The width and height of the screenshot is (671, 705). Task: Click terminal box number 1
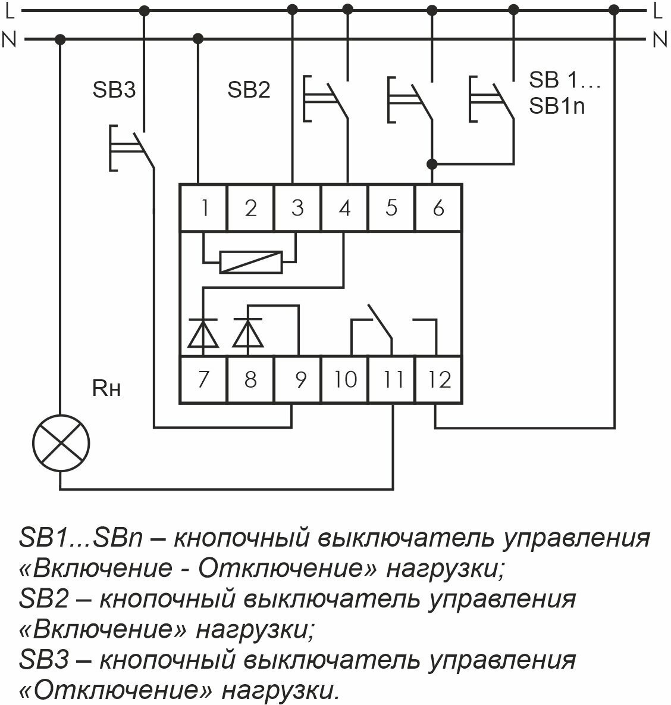pos(203,208)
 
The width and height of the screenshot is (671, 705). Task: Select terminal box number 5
pos(391,208)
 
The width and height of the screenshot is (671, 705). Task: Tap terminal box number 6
pos(438,208)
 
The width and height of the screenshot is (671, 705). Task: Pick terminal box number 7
pos(203,379)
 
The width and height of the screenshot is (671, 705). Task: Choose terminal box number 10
pos(345,379)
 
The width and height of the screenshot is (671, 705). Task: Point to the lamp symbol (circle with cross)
pos(60,443)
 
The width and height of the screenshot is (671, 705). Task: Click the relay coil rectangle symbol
pos(250,262)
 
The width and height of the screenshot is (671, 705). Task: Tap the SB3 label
pos(114,91)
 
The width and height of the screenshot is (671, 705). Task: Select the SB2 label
pos(249,91)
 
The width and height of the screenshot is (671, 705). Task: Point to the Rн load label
pos(106,389)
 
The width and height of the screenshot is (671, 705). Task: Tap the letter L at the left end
pos(8,10)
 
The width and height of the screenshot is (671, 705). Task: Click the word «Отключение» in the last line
pos(116,691)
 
